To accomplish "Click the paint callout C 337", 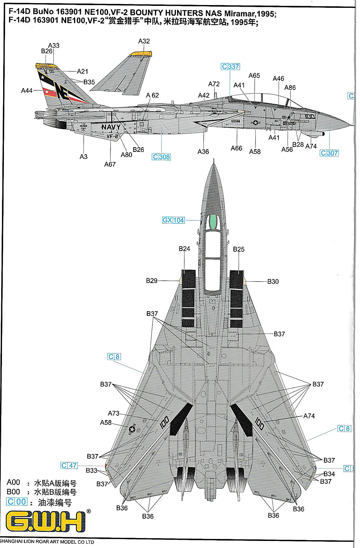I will point(230,67).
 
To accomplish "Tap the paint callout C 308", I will point(161,157).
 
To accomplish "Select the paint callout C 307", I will point(329,153).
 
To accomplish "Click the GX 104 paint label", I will point(173,220).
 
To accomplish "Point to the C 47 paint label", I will point(69,465).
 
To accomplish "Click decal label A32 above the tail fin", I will point(144,41).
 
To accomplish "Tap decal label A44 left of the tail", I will point(27,91).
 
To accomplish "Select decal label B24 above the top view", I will point(184,249).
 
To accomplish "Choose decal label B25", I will point(239,249).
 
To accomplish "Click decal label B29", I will point(152,281).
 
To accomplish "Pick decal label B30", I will point(273,281).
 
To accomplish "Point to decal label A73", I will point(114,413).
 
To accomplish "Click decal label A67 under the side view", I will point(110,164).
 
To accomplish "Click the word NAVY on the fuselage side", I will point(111,127).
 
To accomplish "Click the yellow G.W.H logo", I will point(45,522).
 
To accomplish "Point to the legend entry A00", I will point(13,483).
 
